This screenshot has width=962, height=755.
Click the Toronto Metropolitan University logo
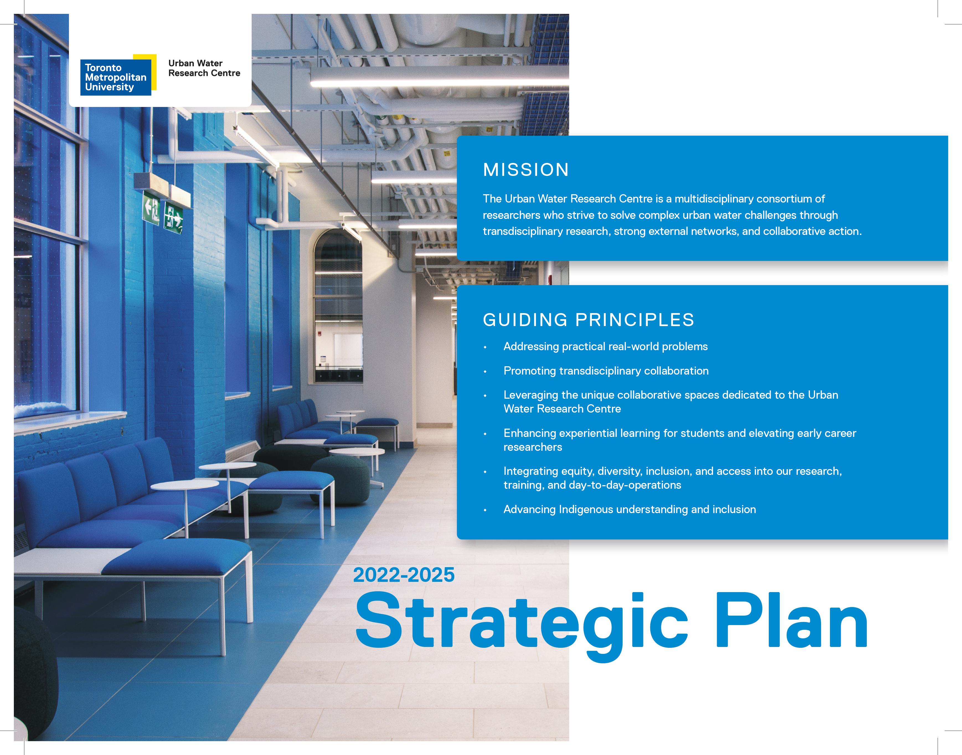click(118, 75)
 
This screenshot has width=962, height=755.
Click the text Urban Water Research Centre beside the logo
click(204, 68)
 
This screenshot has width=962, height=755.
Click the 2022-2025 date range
click(404, 575)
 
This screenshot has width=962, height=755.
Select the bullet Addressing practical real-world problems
click(605, 347)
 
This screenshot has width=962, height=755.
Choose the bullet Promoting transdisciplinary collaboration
click(606, 371)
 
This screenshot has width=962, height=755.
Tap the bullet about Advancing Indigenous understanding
click(630, 509)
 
